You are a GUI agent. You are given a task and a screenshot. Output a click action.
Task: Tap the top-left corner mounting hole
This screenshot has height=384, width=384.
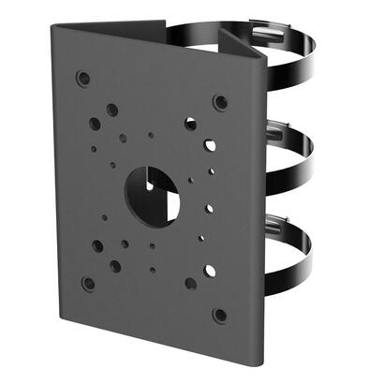pyautogui.click(x=84, y=78)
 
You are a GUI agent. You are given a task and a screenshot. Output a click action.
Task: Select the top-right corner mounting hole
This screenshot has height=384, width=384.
pyautogui.click(x=219, y=101)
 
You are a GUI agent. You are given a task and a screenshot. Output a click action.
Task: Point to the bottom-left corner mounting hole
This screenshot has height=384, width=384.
pyautogui.click(x=88, y=282)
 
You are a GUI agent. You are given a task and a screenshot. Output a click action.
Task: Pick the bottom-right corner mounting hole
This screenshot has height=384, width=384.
pyautogui.click(x=219, y=315)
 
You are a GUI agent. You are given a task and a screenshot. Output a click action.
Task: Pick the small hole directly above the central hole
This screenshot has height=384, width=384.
pyautogui.click(x=151, y=136)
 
